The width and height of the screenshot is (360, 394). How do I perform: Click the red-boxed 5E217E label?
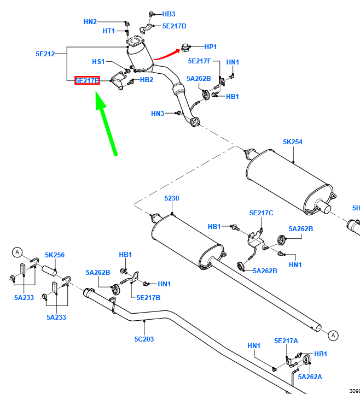(87, 81)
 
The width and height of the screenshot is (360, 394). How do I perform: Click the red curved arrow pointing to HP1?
(167, 54)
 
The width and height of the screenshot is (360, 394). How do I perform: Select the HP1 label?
(211, 47)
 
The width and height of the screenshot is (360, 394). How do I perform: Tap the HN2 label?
(90, 22)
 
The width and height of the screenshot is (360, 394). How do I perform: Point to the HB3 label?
(169, 14)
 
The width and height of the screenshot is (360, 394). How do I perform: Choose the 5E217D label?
(174, 26)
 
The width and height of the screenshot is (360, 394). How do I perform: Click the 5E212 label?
(47, 54)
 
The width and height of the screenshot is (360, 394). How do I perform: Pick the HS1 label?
(98, 62)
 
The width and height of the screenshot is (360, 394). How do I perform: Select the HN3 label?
(158, 114)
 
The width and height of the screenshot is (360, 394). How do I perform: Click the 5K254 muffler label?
(293, 142)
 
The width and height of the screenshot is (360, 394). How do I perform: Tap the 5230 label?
(172, 198)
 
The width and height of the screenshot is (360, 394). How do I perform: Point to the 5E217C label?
(261, 213)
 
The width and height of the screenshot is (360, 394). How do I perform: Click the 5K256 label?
(55, 255)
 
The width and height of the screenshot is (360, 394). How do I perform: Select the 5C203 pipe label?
(144, 339)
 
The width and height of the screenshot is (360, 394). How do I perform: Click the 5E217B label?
(148, 297)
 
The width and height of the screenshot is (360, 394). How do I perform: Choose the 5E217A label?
(286, 340)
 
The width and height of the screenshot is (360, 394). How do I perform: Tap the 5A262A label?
(310, 377)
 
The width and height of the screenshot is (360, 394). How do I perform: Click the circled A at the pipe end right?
(334, 335)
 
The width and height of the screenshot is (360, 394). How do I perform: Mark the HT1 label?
(109, 31)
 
